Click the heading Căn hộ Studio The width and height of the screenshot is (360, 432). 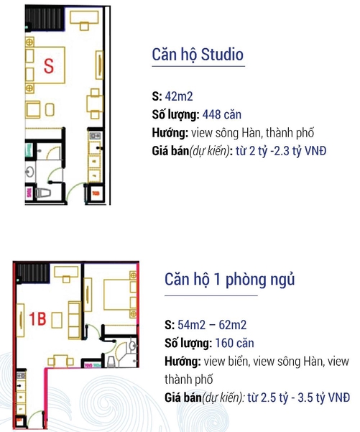pyautogui.click(x=198, y=55)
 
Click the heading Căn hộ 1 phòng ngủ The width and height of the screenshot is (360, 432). pyautogui.click(x=229, y=280)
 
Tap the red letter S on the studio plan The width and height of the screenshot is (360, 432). pyautogui.click(x=49, y=66)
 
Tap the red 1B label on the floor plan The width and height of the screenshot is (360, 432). pyautogui.click(x=37, y=318)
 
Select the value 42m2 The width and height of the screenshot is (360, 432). pyautogui.click(x=179, y=96)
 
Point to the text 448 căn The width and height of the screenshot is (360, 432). pyautogui.click(x=222, y=114)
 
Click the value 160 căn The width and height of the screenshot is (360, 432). pyautogui.click(x=234, y=344)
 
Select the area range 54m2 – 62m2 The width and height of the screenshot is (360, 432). pyautogui.click(x=212, y=325)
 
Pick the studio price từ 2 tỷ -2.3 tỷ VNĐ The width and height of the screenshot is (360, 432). pyautogui.click(x=281, y=151)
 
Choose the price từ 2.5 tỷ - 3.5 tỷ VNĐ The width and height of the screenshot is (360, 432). pyautogui.click(x=299, y=397)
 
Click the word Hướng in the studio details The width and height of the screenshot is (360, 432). pyautogui.click(x=170, y=133)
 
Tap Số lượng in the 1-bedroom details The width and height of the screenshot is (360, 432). pyautogui.click(x=188, y=344)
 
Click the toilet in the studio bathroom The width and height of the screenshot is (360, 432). pyautogui.click(x=43, y=193)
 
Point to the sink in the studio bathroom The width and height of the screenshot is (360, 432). pyautogui.click(x=29, y=173)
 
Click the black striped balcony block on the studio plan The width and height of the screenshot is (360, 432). pyautogui.click(x=45, y=19)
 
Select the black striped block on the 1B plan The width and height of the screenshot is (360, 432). pyautogui.click(x=32, y=272)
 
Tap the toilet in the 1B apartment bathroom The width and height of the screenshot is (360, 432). pyautogui.click(x=112, y=362)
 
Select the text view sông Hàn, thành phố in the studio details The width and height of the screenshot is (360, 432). pyautogui.click(x=253, y=133)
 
